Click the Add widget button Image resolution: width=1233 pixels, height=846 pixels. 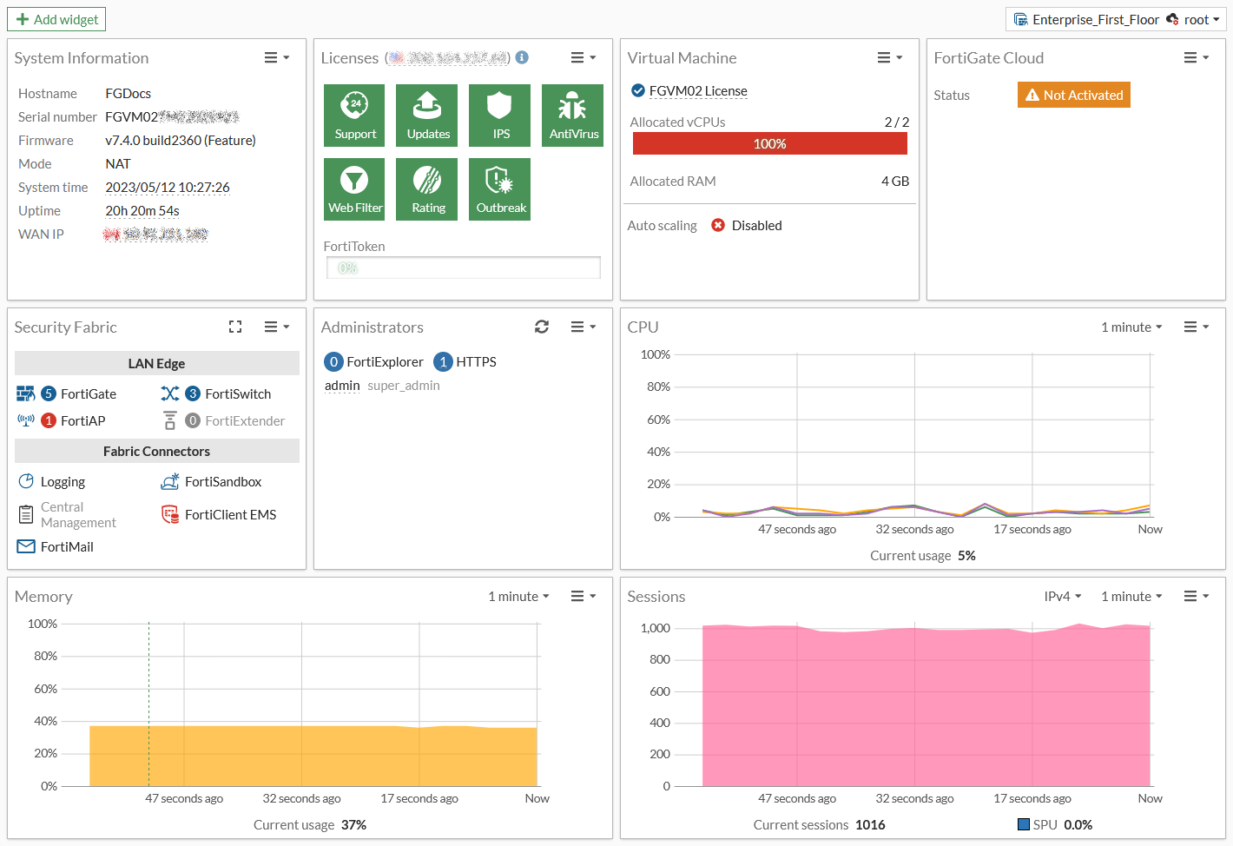click(56, 19)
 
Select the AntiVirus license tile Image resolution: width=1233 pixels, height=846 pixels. click(572, 116)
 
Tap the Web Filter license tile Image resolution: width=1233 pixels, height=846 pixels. click(354, 189)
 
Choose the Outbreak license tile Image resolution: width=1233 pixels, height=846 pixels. click(499, 189)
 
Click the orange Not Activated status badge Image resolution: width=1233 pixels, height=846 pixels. click(1073, 95)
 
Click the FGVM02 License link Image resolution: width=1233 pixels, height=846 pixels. click(697, 91)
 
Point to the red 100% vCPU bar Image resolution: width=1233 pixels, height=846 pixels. click(769, 144)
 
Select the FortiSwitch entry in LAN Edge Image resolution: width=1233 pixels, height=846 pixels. click(237, 394)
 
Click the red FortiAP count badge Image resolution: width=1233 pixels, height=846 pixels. click(49, 420)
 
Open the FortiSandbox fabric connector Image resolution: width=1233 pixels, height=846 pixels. click(222, 482)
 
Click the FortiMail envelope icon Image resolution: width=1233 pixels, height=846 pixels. click(26, 547)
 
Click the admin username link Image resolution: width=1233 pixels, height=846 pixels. click(342, 386)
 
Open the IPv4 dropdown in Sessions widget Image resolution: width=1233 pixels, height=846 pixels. click(1062, 597)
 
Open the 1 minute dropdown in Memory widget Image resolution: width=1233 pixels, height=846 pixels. click(518, 597)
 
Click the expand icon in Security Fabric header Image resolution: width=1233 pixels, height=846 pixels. click(235, 327)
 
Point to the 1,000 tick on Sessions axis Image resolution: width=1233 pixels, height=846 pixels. click(655, 628)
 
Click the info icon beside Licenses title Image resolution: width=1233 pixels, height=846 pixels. click(522, 57)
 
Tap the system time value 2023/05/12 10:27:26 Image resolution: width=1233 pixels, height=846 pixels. click(168, 188)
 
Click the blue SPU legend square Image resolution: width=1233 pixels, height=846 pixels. click(1024, 824)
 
